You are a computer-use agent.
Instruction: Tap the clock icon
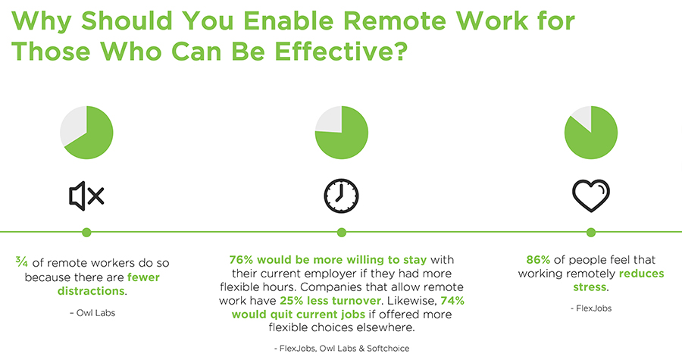click(341, 196)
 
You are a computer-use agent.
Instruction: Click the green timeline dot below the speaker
click(86, 232)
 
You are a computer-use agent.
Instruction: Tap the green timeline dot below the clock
click(341, 232)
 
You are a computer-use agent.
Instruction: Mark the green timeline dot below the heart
click(591, 232)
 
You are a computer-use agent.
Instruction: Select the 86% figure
click(540, 259)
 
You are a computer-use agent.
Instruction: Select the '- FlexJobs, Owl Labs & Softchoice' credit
click(341, 347)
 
